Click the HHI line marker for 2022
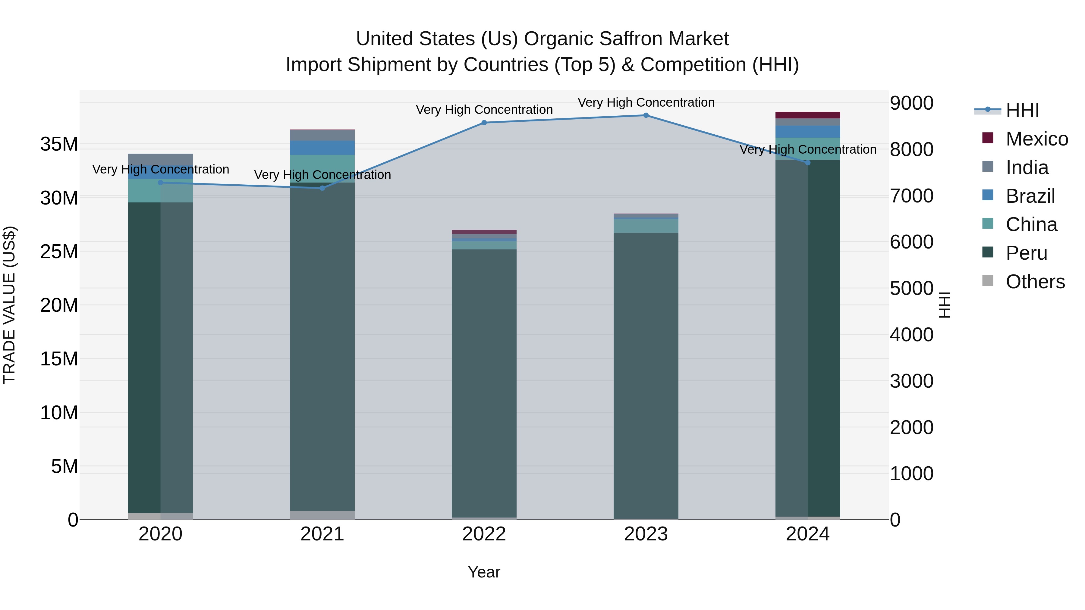click(484, 123)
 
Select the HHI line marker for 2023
click(646, 115)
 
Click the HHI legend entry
click(1022, 110)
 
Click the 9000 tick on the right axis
click(911, 103)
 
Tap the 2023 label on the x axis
click(646, 534)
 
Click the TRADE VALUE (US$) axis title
click(9, 305)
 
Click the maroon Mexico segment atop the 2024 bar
click(807, 115)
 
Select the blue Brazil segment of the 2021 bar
click(322, 148)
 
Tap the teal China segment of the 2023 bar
click(646, 226)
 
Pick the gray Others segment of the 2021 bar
click(322, 515)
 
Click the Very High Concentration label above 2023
click(646, 102)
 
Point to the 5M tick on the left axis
click(64, 466)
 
